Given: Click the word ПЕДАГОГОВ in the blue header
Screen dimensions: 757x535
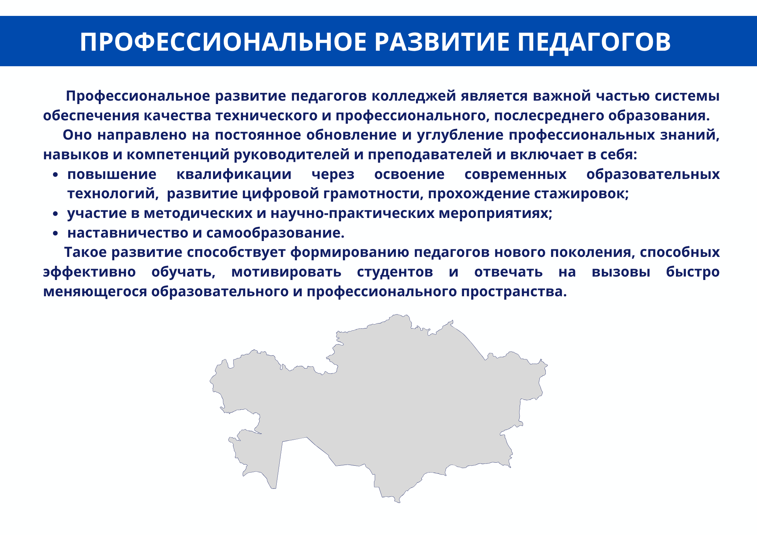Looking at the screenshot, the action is (x=594, y=42).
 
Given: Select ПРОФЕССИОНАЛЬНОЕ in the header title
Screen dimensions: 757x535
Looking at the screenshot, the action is (x=223, y=42).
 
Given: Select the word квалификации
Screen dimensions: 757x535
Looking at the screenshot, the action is (x=234, y=174).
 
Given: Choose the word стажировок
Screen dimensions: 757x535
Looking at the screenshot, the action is (x=581, y=194).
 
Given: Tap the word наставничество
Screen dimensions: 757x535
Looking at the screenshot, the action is (x=128, y=233).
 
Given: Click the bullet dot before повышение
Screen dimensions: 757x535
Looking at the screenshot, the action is (x=56, y=175).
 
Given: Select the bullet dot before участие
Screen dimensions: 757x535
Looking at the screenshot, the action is (x=56, y=214).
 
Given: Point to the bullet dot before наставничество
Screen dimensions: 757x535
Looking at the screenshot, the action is (x=56, y=234).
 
